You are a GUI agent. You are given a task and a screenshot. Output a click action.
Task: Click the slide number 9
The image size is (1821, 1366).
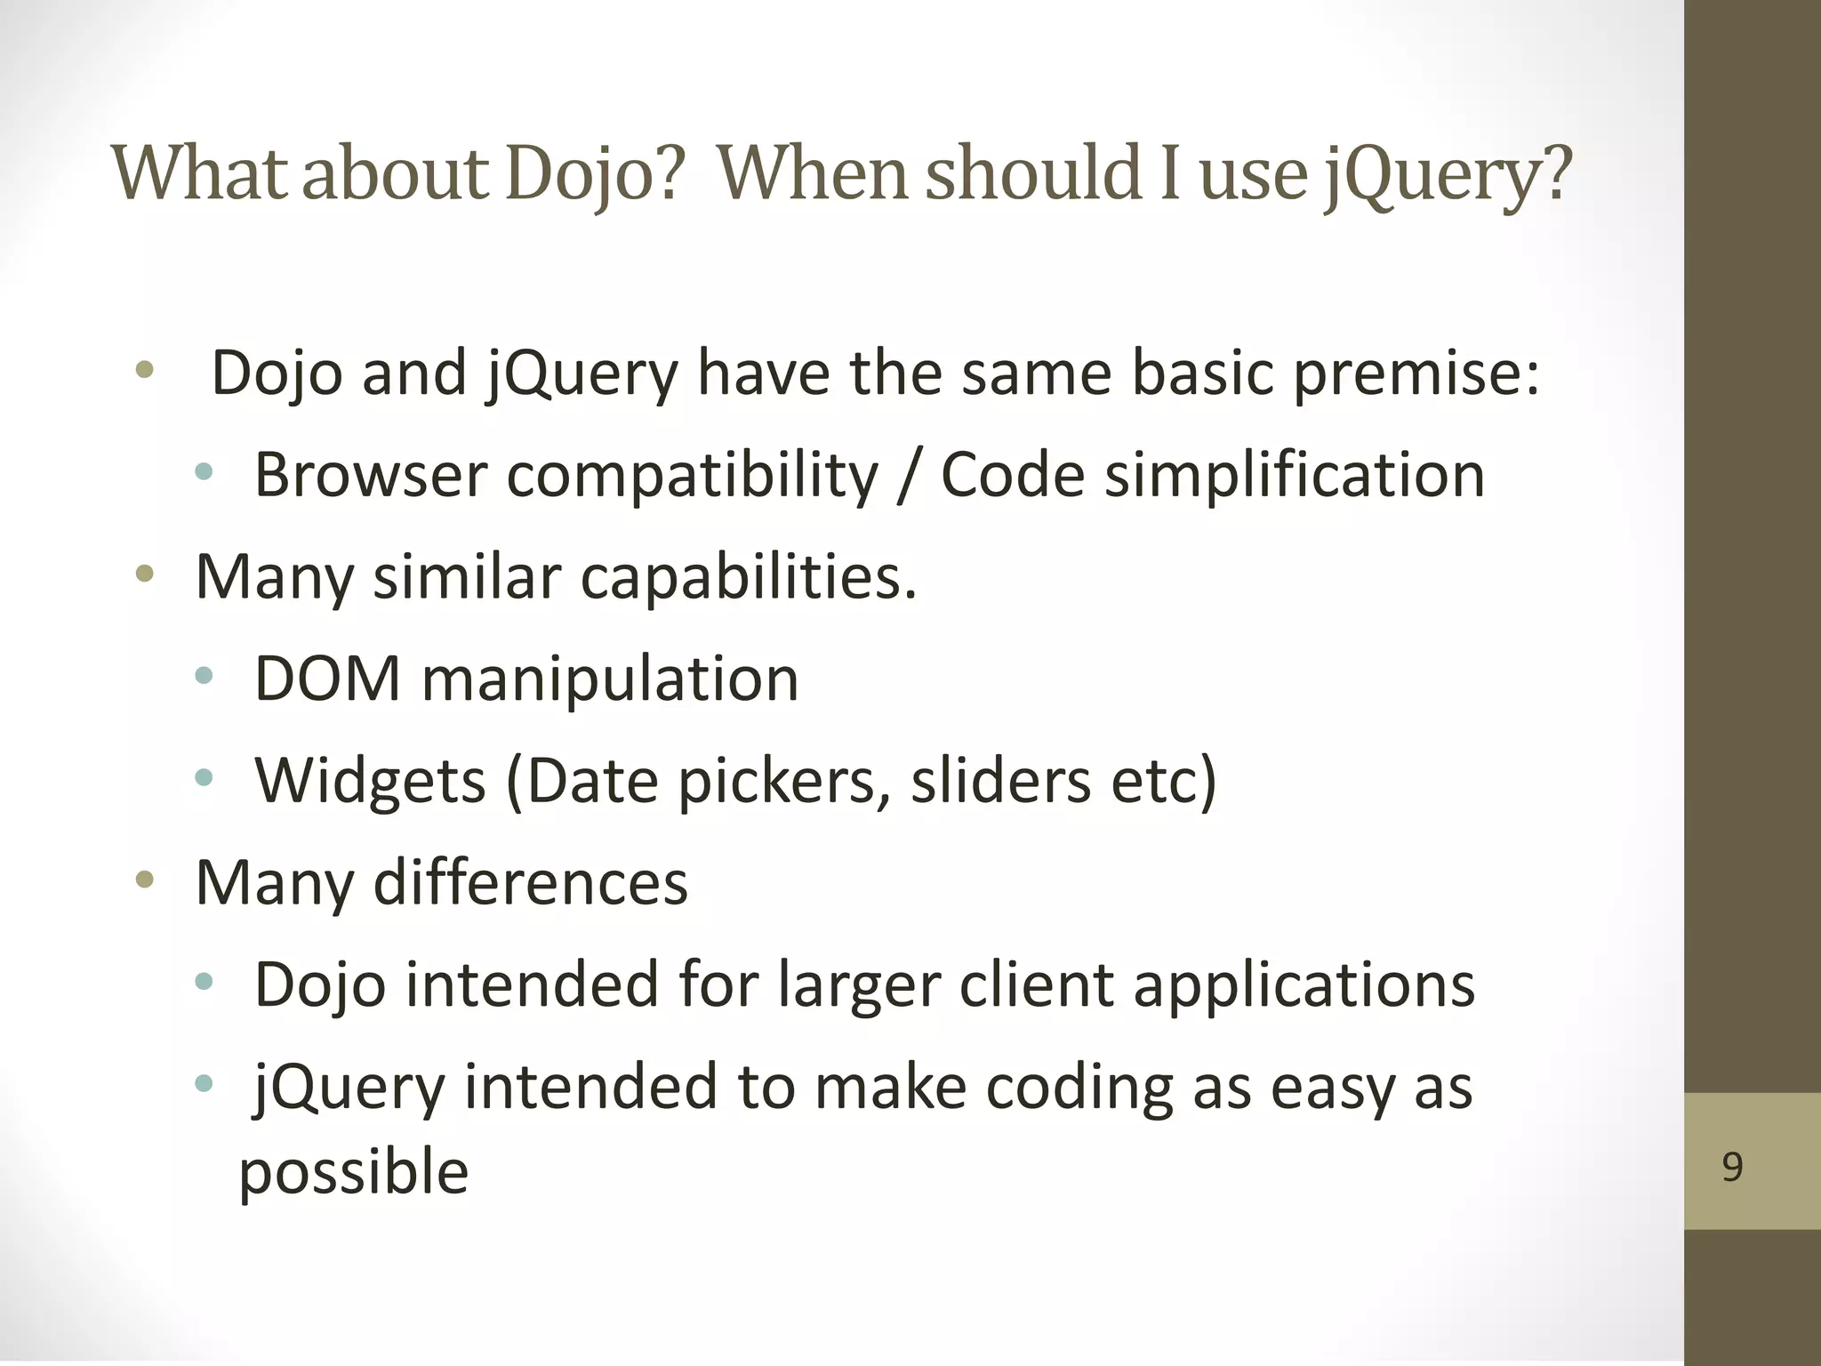(1732, 1166)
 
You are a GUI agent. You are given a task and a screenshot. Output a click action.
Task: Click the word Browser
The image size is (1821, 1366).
(371, 475)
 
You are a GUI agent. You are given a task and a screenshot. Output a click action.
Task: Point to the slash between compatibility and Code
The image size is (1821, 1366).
(908, 477)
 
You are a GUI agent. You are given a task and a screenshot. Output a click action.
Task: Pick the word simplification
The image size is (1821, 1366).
(1295, 477)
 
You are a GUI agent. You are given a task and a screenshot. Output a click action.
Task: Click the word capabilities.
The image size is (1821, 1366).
(749, 578)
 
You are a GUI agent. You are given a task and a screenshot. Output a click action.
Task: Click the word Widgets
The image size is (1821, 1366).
(370, 782)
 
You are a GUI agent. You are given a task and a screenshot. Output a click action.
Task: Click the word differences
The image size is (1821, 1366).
(530, 883)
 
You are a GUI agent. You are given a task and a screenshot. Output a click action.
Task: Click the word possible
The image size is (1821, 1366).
(354, 1173)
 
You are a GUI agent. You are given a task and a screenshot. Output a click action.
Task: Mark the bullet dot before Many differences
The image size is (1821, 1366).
(145, 881)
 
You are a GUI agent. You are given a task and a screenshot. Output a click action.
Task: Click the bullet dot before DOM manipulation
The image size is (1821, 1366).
(205, 678)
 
